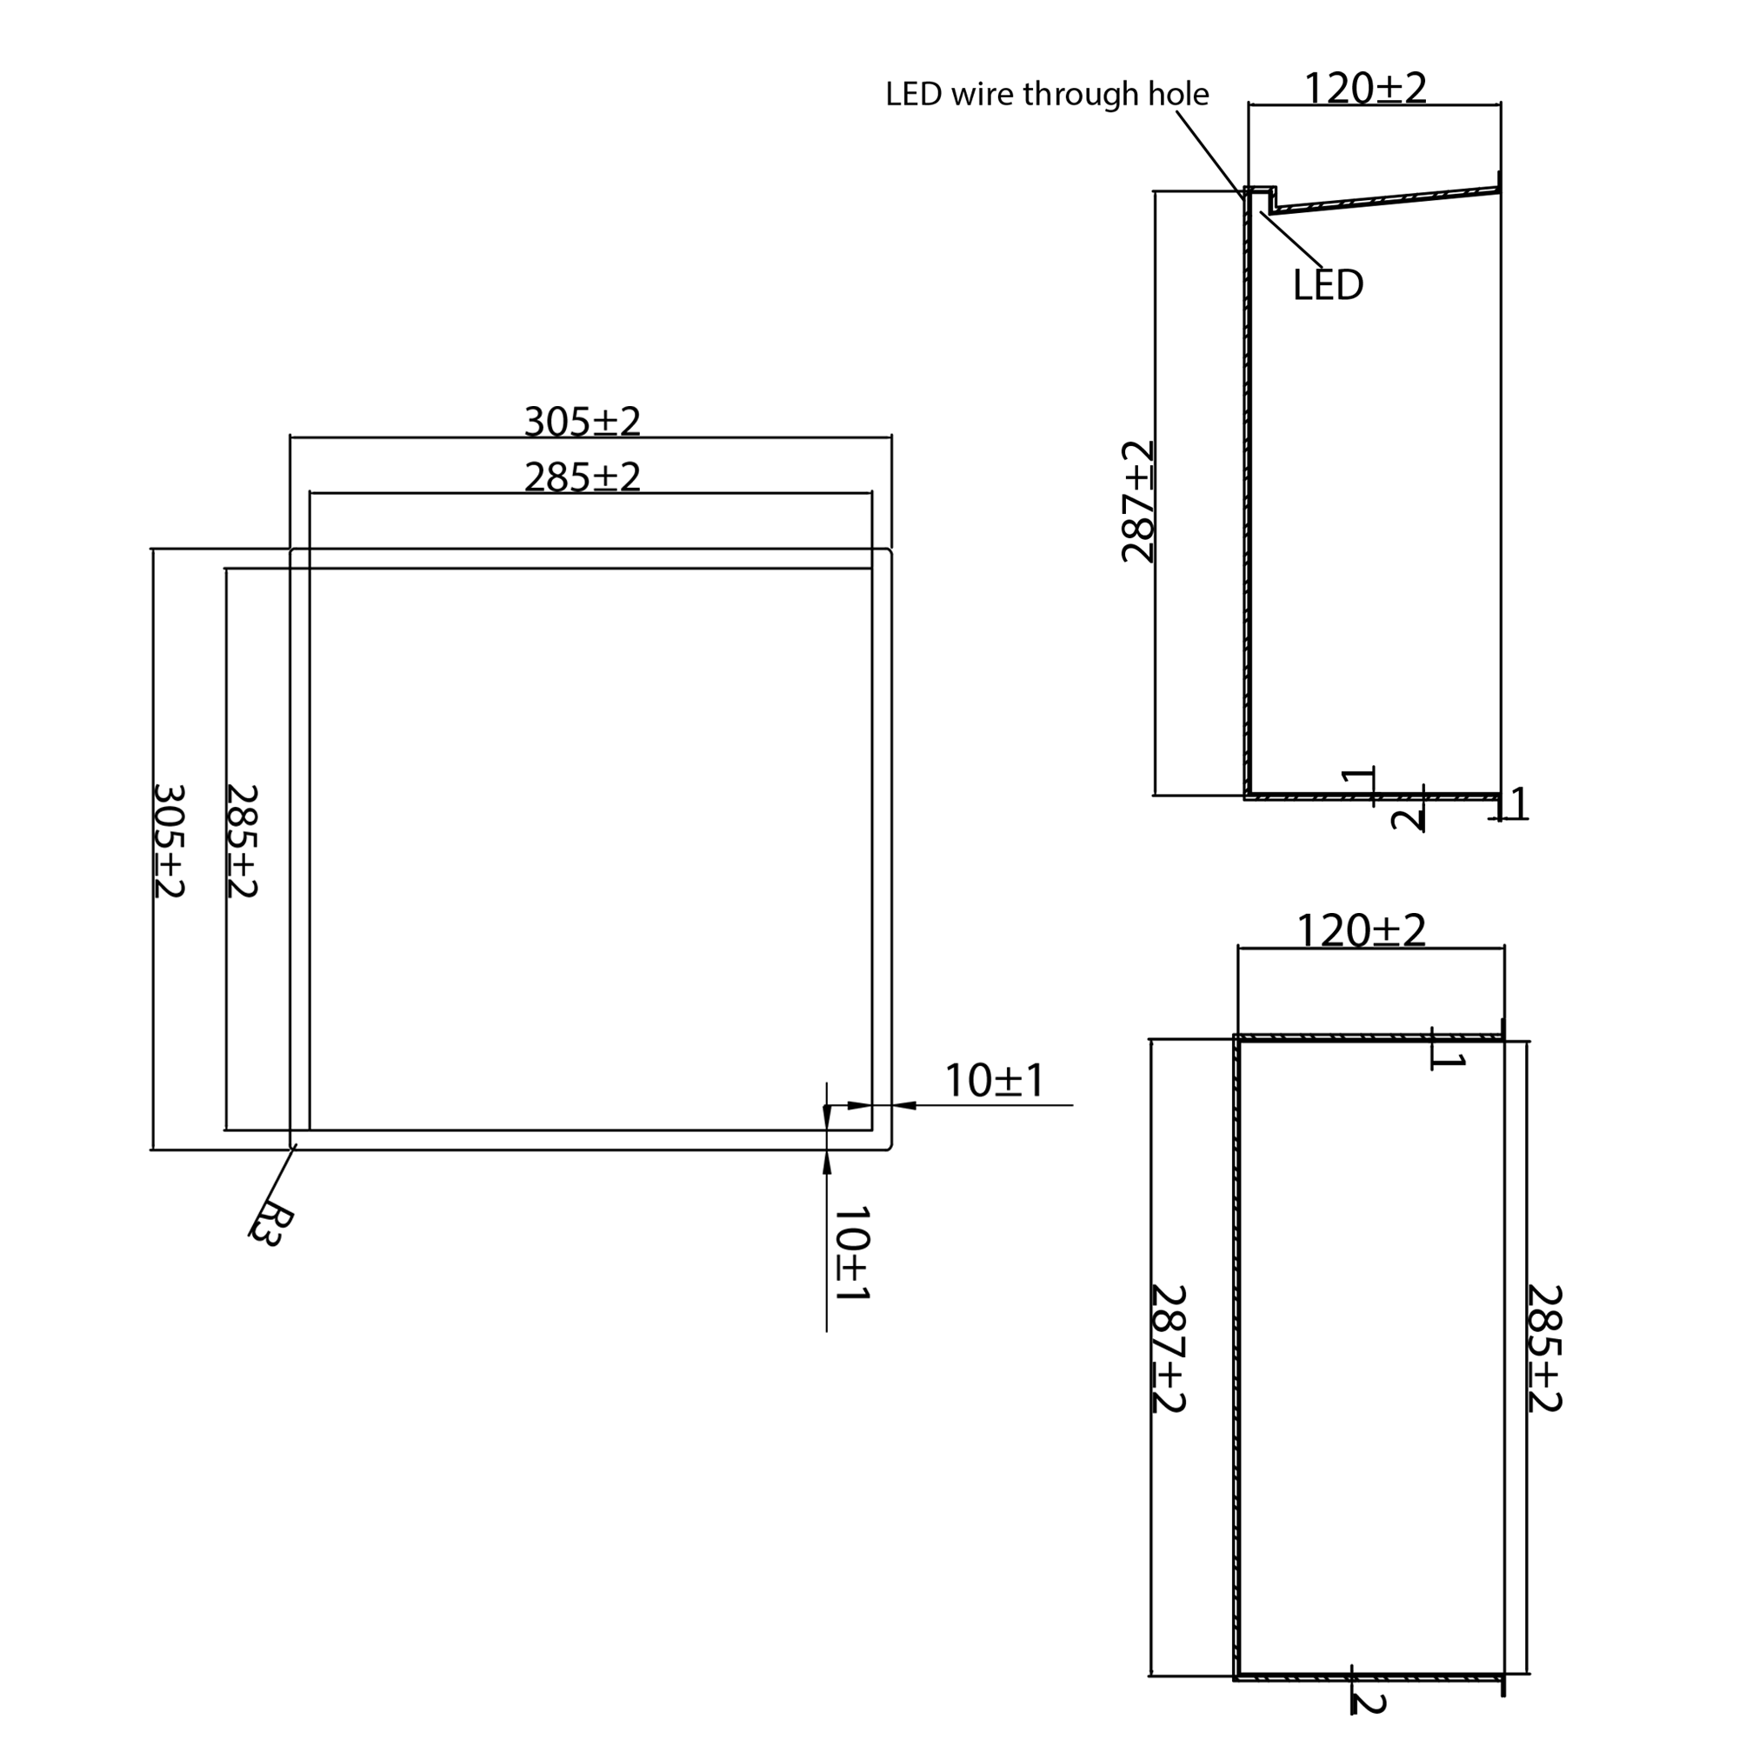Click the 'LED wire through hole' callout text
1046,95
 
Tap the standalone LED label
1328,285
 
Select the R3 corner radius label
270,1225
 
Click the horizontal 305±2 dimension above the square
583,421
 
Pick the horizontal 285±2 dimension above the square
583,477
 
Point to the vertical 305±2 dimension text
169,841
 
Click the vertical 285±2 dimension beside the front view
241,841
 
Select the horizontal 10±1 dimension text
994,1081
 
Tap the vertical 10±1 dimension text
851,1254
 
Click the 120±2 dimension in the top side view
1364,88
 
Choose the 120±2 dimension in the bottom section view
1361,930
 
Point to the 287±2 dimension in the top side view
1137,502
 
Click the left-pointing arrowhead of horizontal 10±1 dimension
903,1105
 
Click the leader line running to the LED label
1292,238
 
